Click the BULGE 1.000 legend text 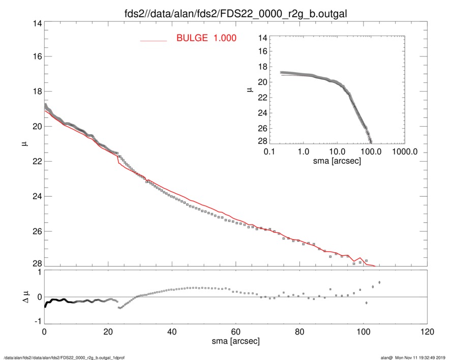[x=206, y=38]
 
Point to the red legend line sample [x=153, y=40]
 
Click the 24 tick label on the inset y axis [x=262, y=113]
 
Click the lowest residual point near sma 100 [x=366, y=303]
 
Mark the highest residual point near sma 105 [x=379, y=282]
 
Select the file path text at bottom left [x=65, y=357]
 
